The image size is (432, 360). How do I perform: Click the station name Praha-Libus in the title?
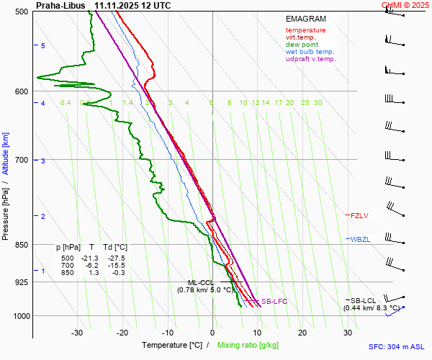[61, 5]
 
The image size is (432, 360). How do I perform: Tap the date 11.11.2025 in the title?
[117, 5]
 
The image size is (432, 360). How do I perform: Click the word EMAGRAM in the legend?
[305, 19]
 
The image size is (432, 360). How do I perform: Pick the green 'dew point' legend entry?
[302, 45]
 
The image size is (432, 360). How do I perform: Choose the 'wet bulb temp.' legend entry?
[310, 52]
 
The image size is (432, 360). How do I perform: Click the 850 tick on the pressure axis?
[21, 245]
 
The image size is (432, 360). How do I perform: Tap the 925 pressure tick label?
[21, 282]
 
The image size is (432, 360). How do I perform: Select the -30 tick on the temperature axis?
[77, 333]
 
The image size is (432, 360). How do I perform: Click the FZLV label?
[359, 215]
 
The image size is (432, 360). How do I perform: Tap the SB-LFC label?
[274, 302]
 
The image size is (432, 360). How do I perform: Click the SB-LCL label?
[364, 300]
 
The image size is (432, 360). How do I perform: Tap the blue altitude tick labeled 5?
[43, 46]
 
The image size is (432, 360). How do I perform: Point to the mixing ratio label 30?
[318, 103]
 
